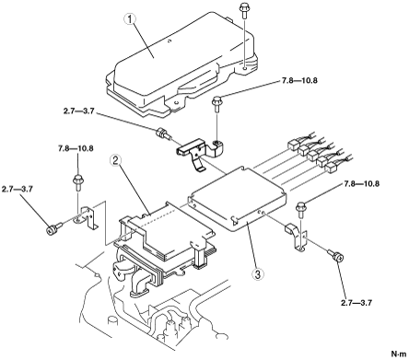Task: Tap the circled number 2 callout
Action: [115, 160]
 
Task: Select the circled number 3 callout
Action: [257, 274]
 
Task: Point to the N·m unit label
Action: [399, 353]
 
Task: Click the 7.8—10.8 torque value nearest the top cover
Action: [299, 81]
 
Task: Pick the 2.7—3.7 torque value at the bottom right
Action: [356, 303]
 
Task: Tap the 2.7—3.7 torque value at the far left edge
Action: [18, 189]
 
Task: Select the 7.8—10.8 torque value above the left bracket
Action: [76, 148]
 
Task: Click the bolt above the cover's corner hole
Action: [244, 10]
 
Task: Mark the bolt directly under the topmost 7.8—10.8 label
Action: [216, 104]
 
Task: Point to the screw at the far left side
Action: [54, 228]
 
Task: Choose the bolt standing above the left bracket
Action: [77, 181]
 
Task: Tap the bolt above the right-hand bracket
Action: [300, 210]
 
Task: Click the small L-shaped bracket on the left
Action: [87, 217]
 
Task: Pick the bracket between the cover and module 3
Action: [201, 151]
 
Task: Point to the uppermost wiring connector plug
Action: [293, 145]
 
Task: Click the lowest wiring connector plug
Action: [332, 168]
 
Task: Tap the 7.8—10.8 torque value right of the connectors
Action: [361, 184]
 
